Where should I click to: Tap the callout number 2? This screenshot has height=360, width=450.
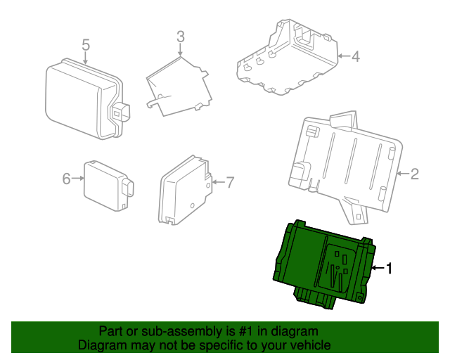[414, 173]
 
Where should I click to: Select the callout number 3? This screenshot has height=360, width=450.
[180, 36]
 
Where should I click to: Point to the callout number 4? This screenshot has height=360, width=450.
[355, 56]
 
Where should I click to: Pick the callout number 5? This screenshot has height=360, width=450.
[86, 45]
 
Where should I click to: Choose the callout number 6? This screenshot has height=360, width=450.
[67, 179]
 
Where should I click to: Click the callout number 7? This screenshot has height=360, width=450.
[229, 182]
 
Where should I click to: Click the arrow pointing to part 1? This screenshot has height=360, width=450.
[378, 268]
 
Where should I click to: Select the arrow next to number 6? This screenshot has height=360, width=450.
[78, 179]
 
